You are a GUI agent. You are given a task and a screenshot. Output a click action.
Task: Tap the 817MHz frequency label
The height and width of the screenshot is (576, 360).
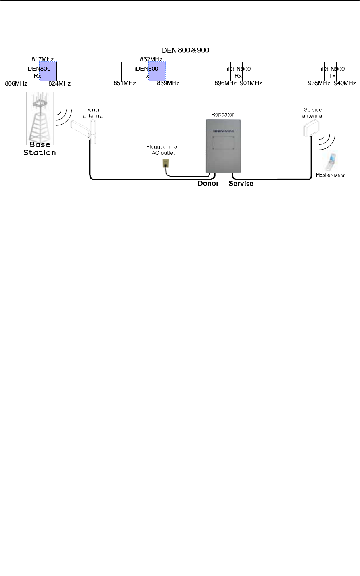pyautogui.click(x=42, y=58)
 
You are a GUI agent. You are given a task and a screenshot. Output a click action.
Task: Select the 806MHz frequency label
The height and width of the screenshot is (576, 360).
pyautogui.click(x=16, y=84)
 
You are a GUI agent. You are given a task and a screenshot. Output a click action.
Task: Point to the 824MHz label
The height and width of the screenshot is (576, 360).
pyautogui.click(x=60, y=84)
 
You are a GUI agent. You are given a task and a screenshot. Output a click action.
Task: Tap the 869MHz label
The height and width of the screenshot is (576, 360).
pyautogui.click(x=168, y=84)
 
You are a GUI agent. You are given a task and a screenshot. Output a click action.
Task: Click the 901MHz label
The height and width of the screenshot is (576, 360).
pyautogui.click(x=251, y=84)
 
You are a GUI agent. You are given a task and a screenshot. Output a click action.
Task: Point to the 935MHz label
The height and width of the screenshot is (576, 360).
pyautogui.click(x=319, y=84)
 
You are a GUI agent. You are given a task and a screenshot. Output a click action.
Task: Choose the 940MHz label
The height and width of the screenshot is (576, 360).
pyautogui.click(x=345, y=84)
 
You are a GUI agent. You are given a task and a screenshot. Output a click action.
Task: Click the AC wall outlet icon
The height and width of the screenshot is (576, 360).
pyautogui.click(x=165, y=163)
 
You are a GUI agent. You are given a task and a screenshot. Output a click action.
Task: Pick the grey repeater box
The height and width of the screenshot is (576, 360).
pyautogui.click(x=224, y=146)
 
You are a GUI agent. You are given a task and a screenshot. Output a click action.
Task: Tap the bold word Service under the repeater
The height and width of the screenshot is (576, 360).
pyautogui.click(x=241, y=184)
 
